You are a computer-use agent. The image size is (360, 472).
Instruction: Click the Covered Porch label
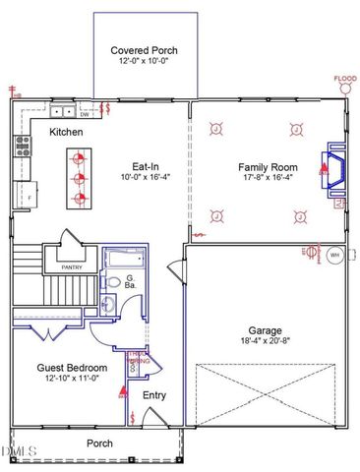pos(144,50)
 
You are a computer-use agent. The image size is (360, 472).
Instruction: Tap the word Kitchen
pos(66,132)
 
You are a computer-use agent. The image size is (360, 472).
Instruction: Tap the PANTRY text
pos(72,266)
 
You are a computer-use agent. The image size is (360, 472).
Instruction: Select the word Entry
pos(154,395)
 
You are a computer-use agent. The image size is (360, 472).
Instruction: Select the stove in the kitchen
pos(22,147)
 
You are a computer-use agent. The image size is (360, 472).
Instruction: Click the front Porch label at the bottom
pos(99,442)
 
